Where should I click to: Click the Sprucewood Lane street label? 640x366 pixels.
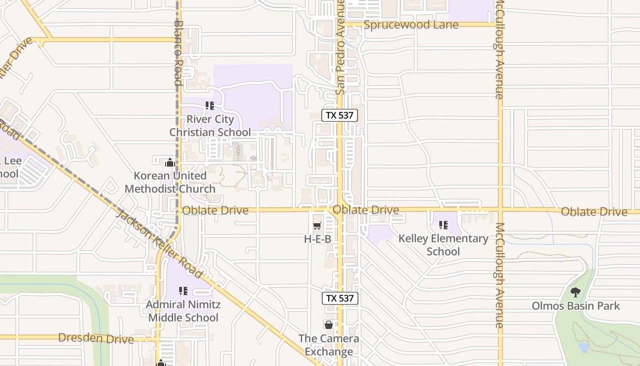[411, 25]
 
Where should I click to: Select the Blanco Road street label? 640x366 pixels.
[178, 53]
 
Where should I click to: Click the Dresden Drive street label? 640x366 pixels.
[96, 339]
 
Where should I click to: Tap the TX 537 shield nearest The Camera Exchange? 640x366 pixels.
[340, 298]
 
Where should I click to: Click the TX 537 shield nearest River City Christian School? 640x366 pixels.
[339, 115]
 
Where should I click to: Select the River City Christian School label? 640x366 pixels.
[210, 126]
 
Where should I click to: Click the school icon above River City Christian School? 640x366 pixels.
[210, 106]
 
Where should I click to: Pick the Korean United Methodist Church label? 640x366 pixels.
[170, 182]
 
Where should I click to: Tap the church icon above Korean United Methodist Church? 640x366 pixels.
[170, 162]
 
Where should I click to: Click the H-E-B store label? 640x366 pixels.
[317, 239]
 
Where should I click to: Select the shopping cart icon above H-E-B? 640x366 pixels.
[317, 226]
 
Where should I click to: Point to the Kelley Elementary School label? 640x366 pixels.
[443, 245]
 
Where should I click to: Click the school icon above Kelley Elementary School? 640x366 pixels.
[443, 225]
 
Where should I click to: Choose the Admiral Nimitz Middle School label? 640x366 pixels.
[183, 311]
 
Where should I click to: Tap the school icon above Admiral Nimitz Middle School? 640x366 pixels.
[183, 291]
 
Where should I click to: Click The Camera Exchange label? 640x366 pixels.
[329, 345]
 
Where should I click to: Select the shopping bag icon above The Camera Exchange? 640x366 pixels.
[329, 325]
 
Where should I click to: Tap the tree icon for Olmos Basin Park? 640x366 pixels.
[576, 292]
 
